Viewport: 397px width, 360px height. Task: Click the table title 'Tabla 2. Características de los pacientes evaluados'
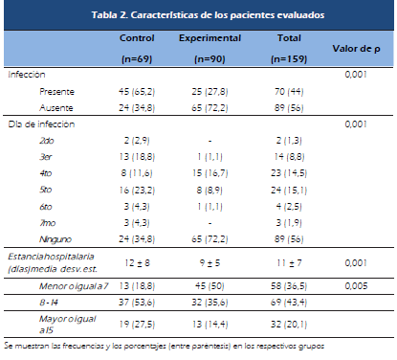pos(208,15)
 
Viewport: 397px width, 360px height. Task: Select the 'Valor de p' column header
pos(356,49)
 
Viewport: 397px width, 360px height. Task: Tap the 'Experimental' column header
pos(210,38)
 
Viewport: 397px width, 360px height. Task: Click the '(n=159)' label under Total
pos(289,59)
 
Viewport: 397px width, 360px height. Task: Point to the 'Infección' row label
pos(27,75)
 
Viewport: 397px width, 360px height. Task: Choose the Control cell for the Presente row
pos(137,92)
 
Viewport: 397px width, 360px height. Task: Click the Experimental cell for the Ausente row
pos(210,108)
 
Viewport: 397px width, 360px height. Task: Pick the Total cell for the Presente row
pos(289,92)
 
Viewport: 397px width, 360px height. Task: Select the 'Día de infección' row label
pos(41,124)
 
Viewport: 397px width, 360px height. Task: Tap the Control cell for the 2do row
pos(137,141)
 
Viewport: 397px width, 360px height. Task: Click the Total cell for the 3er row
pos(289,157)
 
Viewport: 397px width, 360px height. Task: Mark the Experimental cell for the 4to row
pos(210,173)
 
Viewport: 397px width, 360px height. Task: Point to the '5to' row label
pos(46,190)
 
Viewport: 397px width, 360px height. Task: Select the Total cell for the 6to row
pos(289,207)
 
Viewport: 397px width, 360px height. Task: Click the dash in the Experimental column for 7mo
pos(210,223)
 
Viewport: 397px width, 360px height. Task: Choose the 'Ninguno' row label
pos(55,239)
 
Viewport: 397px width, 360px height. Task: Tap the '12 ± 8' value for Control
pos(137,263)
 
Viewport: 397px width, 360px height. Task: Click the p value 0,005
pos(356,286)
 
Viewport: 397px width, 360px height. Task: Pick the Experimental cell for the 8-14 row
pos(210,303)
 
